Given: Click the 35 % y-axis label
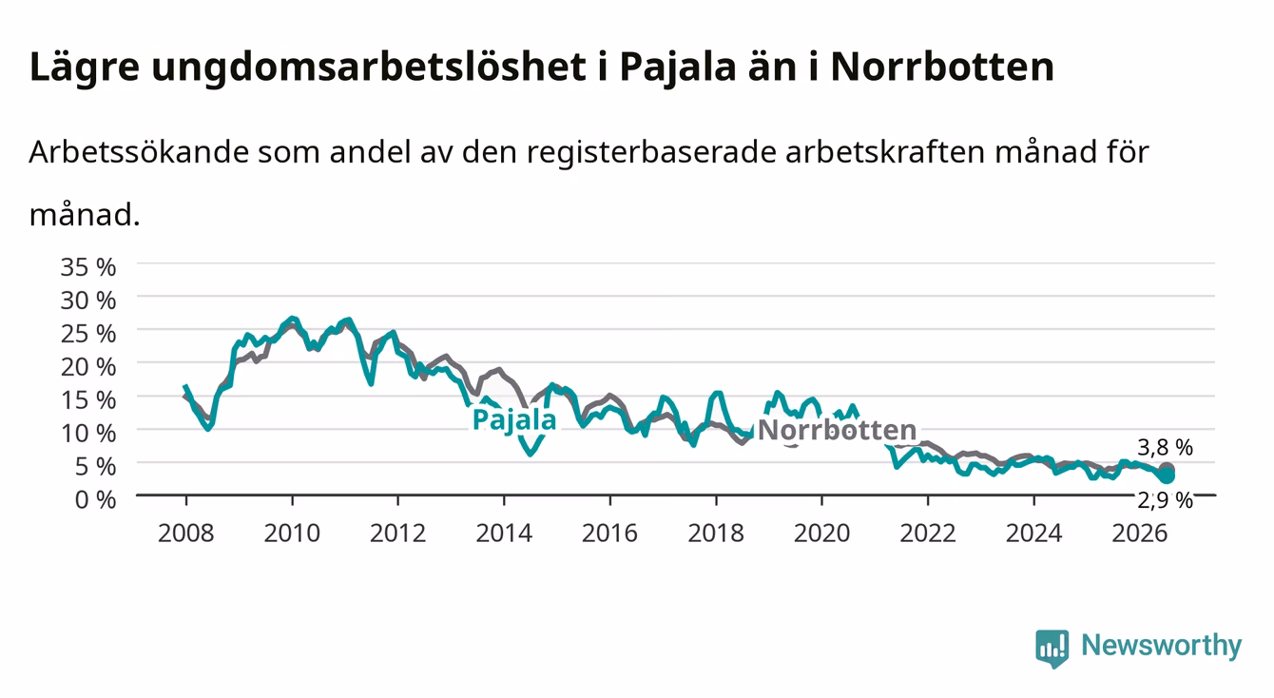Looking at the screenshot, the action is click(x=88, y=267).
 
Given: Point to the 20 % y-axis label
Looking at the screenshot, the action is click(x=88, y=367).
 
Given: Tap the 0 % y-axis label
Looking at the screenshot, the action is click(x=95, y=499).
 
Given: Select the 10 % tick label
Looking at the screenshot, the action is click(x=88, y=434).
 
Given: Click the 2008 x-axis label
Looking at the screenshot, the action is click(x=186, y=533).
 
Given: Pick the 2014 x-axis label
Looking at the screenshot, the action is click(x=504, y=533).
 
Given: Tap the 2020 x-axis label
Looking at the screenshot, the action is click(x=821, y=533).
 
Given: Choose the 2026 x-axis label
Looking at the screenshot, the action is click(x=1140, y=533).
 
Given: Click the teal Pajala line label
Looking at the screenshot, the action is click(x=514, y=420).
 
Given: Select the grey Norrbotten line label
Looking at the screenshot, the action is click(x=838, y=430).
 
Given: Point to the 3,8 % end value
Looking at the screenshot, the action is click(x=1165, y=448).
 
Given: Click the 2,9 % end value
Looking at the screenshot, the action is click(x=1165, y=500).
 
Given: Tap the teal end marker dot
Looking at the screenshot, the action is click(x=1167, y=475).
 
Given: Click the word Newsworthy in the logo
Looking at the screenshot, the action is click(x=1162, y=646).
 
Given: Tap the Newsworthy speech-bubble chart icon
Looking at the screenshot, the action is click(x=1052, y=649).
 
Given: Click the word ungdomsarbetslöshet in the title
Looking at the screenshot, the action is click(x=369, y=68).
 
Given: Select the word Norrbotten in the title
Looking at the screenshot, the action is click(x=942, y=68).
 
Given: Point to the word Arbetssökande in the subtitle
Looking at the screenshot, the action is click(x=139, y=152).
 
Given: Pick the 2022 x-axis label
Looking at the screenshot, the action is click(x=928, y=533).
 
